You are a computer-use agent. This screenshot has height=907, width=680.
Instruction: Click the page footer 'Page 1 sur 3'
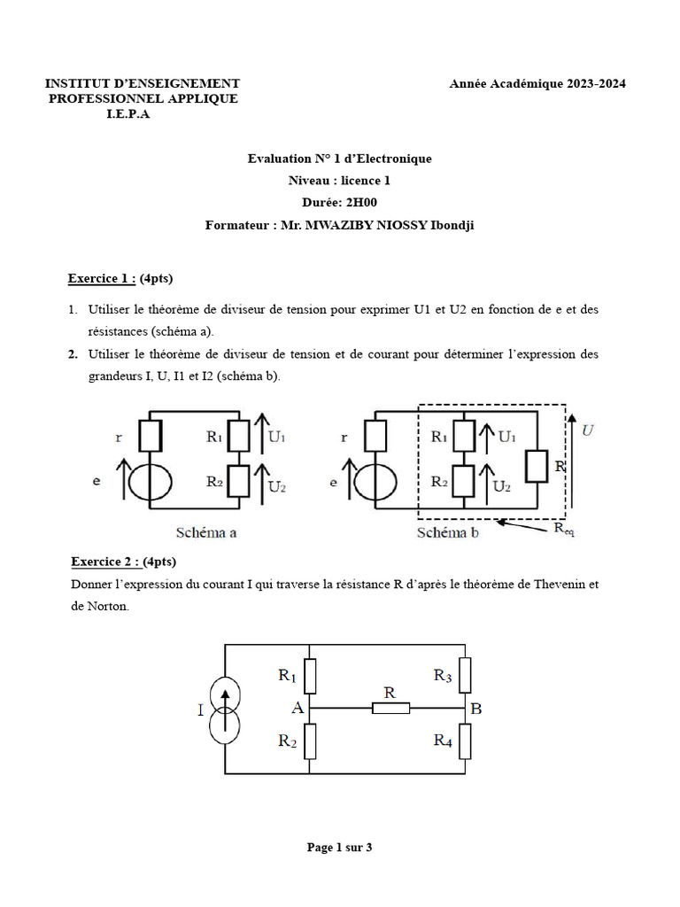click(339, 848)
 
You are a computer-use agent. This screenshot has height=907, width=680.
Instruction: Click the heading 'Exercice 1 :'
click(102, 279)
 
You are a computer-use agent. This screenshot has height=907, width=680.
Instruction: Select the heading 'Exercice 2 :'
click(105, 562)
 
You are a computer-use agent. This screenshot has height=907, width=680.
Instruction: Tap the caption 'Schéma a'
click(205, 533)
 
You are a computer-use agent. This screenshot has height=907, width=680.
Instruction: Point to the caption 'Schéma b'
click(449, 533)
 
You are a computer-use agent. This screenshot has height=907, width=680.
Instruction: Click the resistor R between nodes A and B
click(390, 708)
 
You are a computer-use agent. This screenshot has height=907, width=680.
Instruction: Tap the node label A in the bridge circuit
click(297, 708)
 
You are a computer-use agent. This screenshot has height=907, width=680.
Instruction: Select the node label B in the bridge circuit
click(477, 708)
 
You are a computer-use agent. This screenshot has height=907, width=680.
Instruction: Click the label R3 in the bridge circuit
click(444, 675)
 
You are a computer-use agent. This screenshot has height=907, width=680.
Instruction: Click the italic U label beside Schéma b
click(588, 430)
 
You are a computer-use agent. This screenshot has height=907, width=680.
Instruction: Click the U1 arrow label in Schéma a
click(276, 437)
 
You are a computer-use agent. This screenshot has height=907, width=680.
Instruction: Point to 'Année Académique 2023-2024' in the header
click(537, 83)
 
